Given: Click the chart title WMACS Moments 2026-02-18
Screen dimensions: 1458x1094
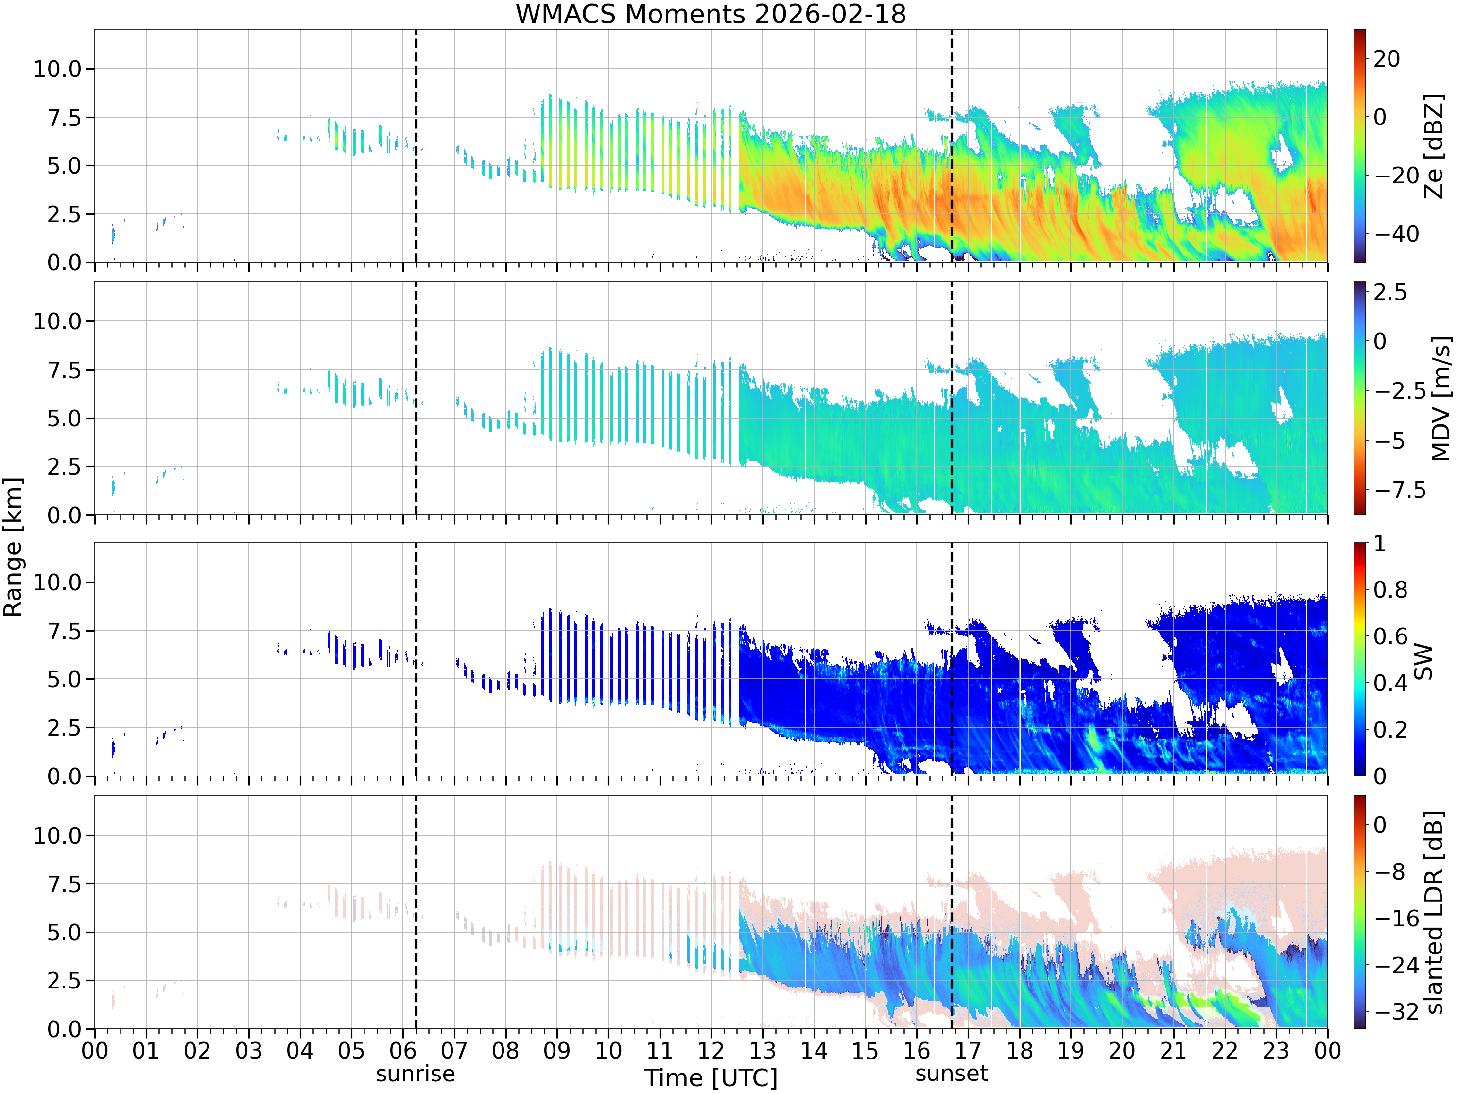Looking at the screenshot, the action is coord(711,14).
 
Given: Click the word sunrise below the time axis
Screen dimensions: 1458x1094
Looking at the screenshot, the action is coord(415,1074).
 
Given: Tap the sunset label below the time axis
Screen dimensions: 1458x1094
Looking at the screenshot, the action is coord(952,1074).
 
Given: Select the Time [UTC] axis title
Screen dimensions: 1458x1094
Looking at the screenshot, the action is coord(711,1077).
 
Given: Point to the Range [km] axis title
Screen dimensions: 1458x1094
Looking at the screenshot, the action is coord(13,547).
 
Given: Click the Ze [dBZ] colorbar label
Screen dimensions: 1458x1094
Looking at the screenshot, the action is coord(1434,146).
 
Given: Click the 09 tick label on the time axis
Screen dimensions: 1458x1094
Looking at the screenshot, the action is coord(556,1050).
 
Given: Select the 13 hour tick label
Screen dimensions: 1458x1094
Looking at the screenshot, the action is coord(762,1050).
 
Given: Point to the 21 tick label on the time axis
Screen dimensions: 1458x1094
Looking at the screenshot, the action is coord(1173,1050).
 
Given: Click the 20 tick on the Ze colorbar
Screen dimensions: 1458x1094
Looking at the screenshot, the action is coord(1387,59).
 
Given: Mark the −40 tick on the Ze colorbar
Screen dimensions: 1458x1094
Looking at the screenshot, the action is coord(1397,233).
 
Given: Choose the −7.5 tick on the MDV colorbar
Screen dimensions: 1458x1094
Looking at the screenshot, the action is coord(1400,490).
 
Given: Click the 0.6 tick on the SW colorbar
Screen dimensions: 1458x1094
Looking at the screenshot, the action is coord(1390,636).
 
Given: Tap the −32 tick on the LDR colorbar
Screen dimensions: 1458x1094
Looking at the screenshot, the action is coord(1396,1011).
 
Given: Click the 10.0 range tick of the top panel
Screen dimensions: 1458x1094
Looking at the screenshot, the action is coord(57,69).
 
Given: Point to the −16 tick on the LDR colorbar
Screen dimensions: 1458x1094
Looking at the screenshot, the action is coord(1396,918).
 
